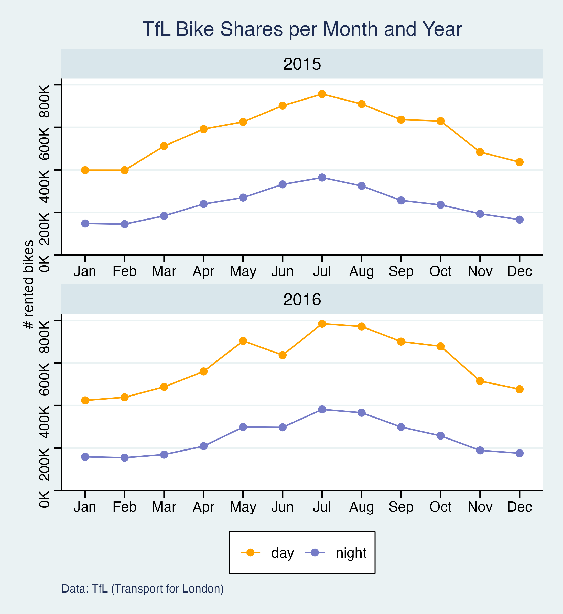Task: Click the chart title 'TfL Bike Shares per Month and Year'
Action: click(302, 29)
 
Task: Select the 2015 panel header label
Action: click(302, 64)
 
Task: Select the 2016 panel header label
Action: click(302, 300)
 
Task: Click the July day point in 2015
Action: click(322, 94)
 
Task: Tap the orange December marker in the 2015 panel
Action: click(519, 162)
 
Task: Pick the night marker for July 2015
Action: click(322, 178)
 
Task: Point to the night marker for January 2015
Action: click(85, 224)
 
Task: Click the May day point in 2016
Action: click(243, 341)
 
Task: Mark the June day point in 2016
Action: click(283, 355)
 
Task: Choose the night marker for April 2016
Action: click(203, 446)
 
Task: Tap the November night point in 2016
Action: click(480, 451)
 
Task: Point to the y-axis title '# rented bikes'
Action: click(29, 284)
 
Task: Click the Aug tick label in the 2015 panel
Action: click(361, 271)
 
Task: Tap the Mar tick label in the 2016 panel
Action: click(164, 507)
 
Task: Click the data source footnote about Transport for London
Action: click(143, 589)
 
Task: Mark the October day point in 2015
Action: click(440, 121)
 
